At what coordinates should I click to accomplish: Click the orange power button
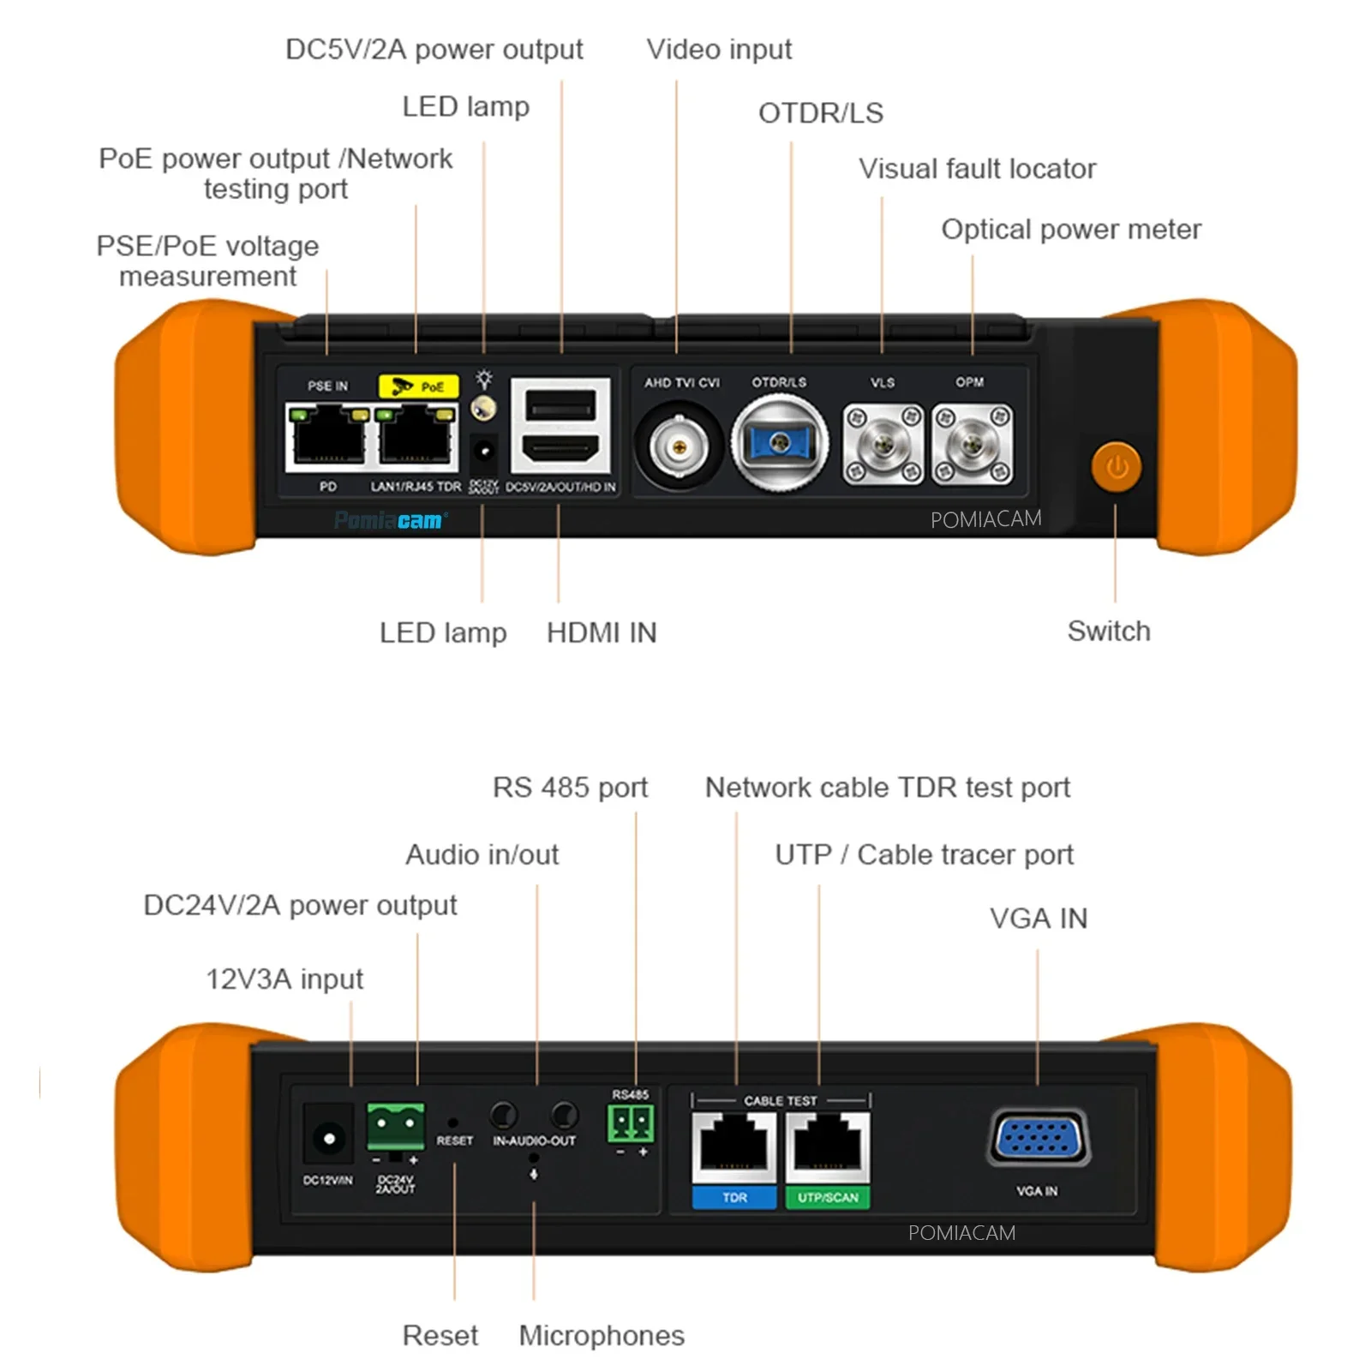pyautogui.click(x=1116, y=466)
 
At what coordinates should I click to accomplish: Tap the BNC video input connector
pyautogui.click(x=679, y=446)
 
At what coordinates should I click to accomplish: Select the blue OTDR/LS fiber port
pyautogui.click(x=779, y=443)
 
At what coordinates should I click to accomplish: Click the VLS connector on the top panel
pyautogui.click(x=883, y=445)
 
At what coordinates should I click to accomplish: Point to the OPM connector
pyautogui.click(x=972, y=445)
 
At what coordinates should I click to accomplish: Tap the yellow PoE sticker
pyautogui.click(x=418, y=386)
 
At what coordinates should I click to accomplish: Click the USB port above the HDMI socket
pyautogui.click(x=560, y=404)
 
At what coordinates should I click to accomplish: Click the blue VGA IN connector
pyautogui.click(x=1039, y=1139)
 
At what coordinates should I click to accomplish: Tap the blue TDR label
pyautogui.click(x=734, y=1197)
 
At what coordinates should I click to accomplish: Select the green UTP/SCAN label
pyautogui.click(x=827, y=1197)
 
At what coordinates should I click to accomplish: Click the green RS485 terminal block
pyautogui.click(x=631, y=1123)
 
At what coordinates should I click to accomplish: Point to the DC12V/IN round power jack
pyautogui.click(x=328, y=1138)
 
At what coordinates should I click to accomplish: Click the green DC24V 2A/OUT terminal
pyautogui.click(x=395, y=1127)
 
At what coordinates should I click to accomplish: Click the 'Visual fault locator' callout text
pyautogui.click(x=977, y=169)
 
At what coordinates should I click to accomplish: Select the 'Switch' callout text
pyautogui.click(x=1108, y=631)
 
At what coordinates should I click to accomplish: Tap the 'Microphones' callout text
pyautogui.click(x=602, y=1335)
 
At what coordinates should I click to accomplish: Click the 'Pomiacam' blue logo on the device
pyautogui.click(x=389, y=520)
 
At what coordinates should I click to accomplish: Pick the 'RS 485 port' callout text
pyautogui.click(x=570, y=787)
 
